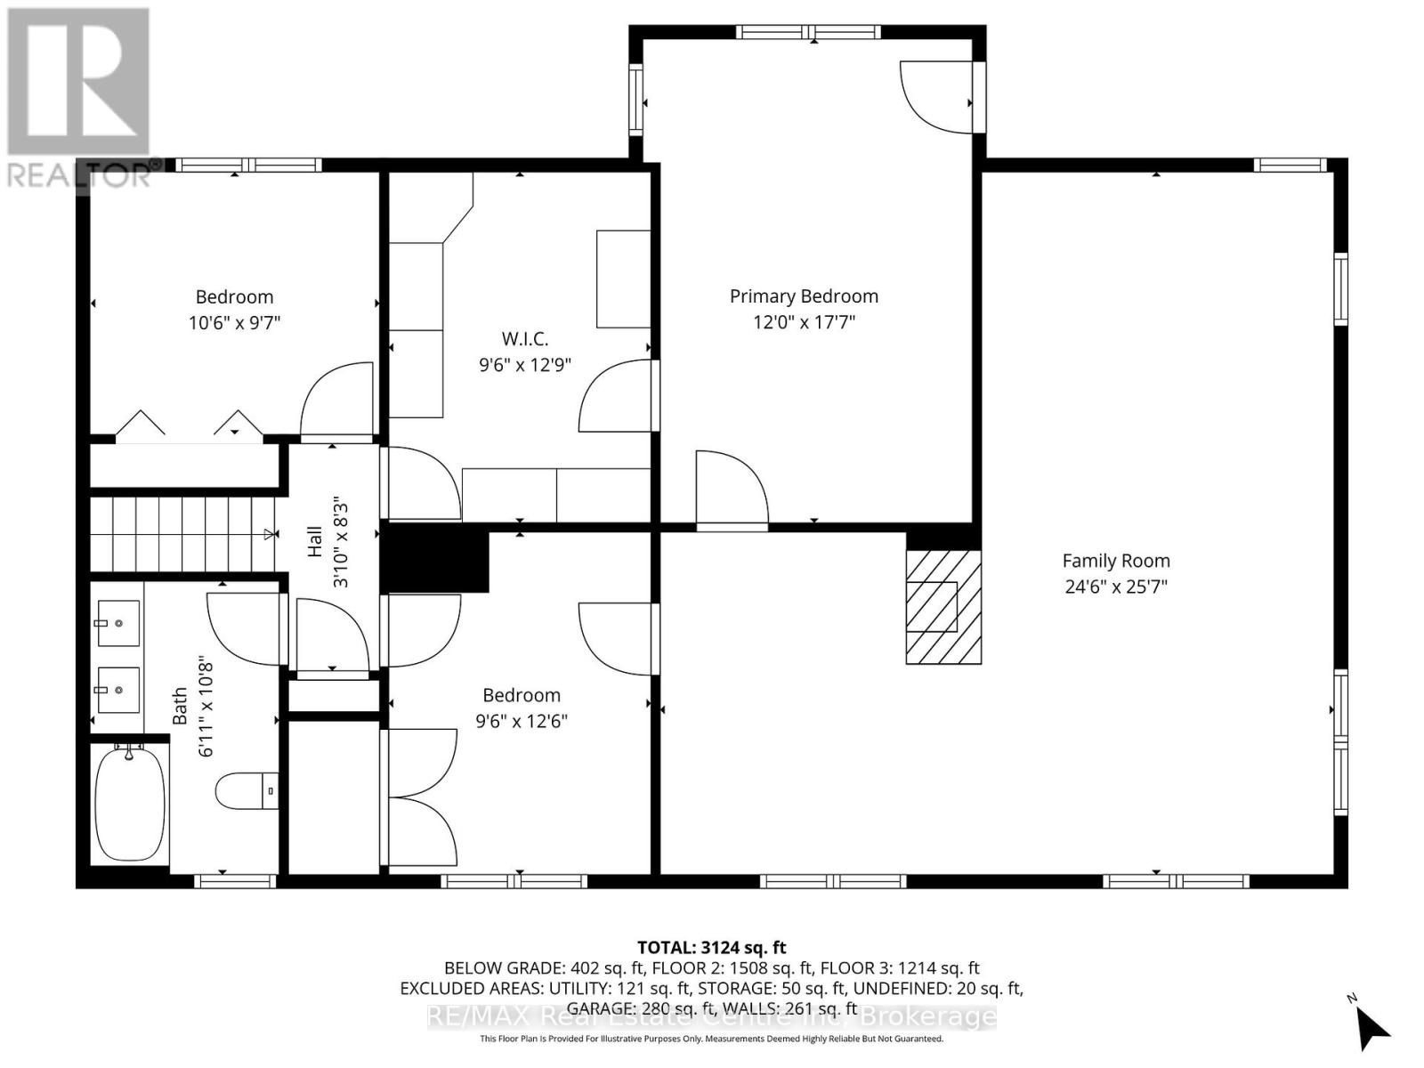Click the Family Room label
(1115, 561)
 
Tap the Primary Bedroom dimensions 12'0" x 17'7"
(804, 322)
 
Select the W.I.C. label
(525, 338)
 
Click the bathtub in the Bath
(130, 804)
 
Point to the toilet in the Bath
(247, 790)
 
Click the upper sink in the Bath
(118, 623)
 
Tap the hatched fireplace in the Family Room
(943, 606)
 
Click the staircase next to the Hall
(182, 534)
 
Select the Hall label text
(315, 541)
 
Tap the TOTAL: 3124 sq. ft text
(711, 948)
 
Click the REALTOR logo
(78, 98)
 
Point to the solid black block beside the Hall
(435, 561)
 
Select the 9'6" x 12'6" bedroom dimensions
(522, 721)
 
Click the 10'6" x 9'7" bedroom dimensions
(234, 322)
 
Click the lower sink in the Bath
(118, 690)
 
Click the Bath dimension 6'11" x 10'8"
(206, 708)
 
